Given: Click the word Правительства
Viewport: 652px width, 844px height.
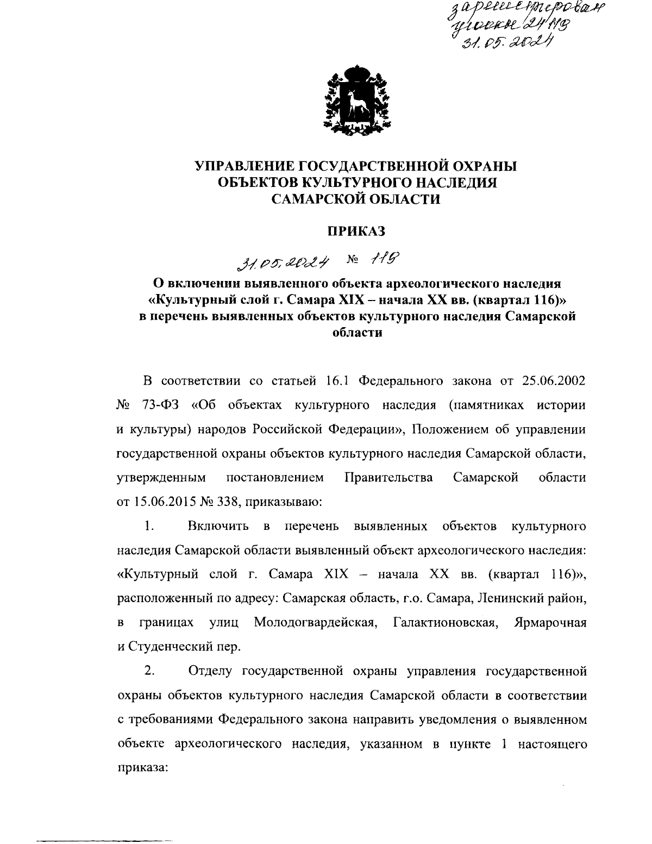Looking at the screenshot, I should [388, 478].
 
